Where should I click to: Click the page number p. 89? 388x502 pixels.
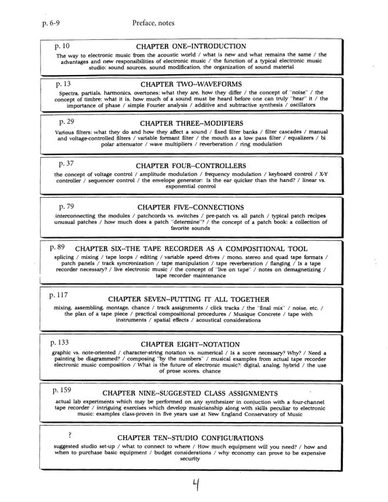(58, 248)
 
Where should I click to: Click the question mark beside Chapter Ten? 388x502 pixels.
(70, 434)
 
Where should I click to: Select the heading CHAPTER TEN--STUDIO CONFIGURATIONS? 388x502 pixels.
(202, 437)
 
